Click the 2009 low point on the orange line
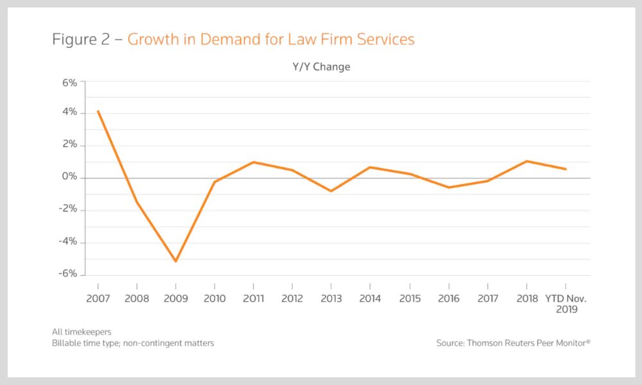175,261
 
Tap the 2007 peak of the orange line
98,111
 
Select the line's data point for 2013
331,191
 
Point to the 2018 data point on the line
526,161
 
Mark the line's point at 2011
254,162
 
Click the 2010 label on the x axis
214,298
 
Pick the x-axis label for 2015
410,298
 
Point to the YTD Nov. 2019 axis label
566,304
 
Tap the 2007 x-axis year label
98,298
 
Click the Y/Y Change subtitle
322,67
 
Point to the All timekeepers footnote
82,332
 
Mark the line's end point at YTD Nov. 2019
566,169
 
